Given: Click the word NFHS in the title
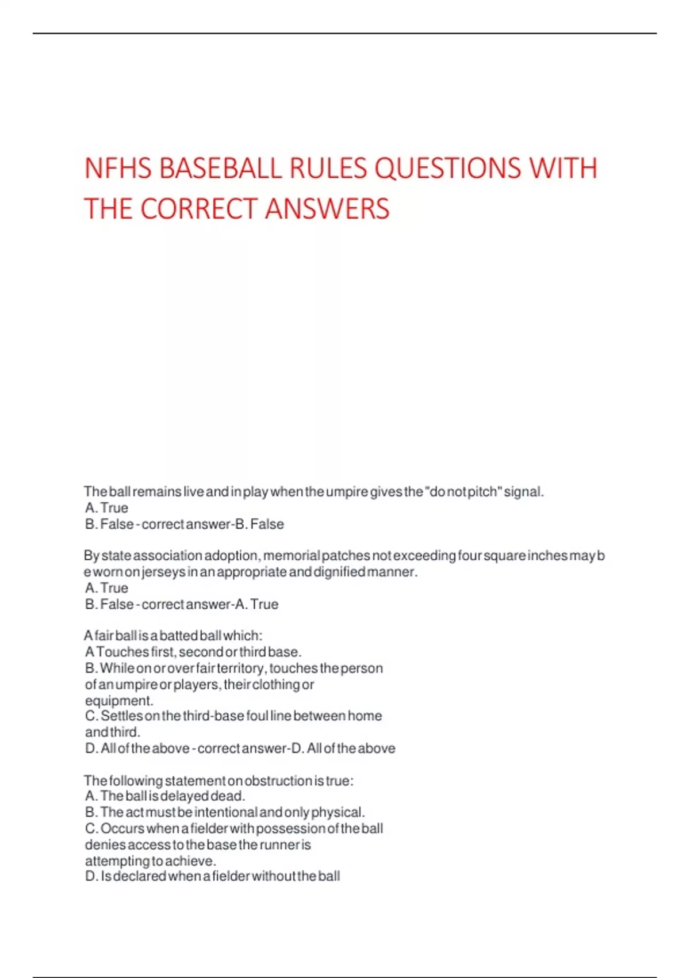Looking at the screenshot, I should click(118, 169).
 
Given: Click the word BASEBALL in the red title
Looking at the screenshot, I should click(220, 169).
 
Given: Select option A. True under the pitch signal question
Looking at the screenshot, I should click(106, 508).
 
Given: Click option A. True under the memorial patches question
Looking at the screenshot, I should click(106, 588).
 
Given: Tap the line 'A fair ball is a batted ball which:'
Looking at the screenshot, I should click(173, 636).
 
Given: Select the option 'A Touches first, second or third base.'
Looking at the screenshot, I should click(193, 652).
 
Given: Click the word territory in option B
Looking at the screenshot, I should click(241, 668).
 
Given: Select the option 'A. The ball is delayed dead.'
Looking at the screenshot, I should click(165, 796).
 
